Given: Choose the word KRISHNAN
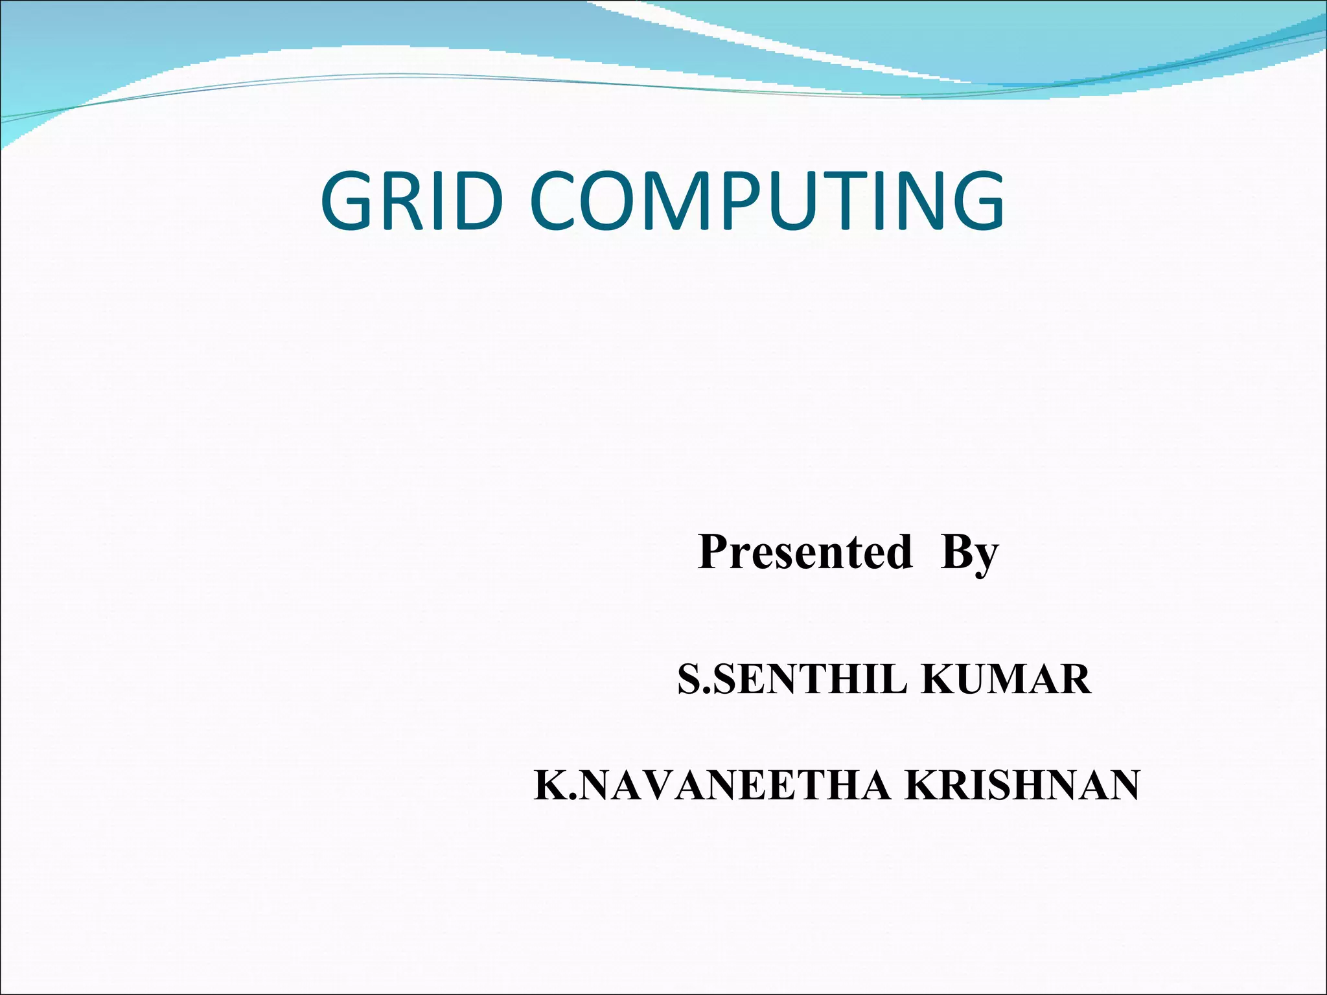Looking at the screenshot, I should tap(1022, 786).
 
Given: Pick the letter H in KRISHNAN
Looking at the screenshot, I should tap(1039, 786).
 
